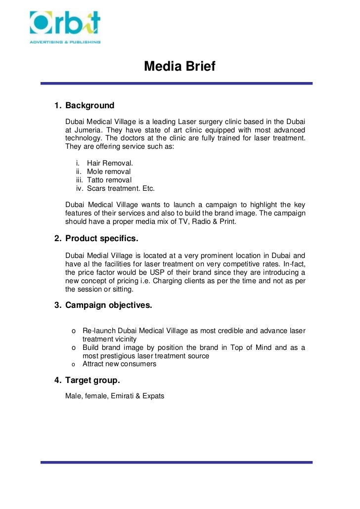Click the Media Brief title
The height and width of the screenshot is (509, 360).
pyautogui.click(x=180, y=66)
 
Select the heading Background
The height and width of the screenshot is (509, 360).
pyautogui.click(x=90, y=105)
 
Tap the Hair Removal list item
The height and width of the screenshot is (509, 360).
pyautogui.click(x=110, y=163)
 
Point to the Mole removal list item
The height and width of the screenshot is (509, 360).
pyautogui.click(x=109, y=171)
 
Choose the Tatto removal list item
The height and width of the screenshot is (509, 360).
pyautogui.click(x=109, y=180)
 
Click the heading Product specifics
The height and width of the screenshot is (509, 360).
pyautogui.click(x=102, y=239)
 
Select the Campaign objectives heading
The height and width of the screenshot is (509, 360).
pyautogui.click(x=108, y=305)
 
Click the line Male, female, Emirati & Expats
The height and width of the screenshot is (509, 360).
pyautogui.click(x=114, y=396)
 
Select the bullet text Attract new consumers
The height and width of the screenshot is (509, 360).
pyautogui.click(x=119, y=364)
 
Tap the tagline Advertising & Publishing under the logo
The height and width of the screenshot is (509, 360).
pyautogui.click(x=64, y=42)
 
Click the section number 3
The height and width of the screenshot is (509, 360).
pyautogui.click(x=57, y=305)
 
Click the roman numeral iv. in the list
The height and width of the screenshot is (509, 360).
pyautogui.click(x=79, y=188)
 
